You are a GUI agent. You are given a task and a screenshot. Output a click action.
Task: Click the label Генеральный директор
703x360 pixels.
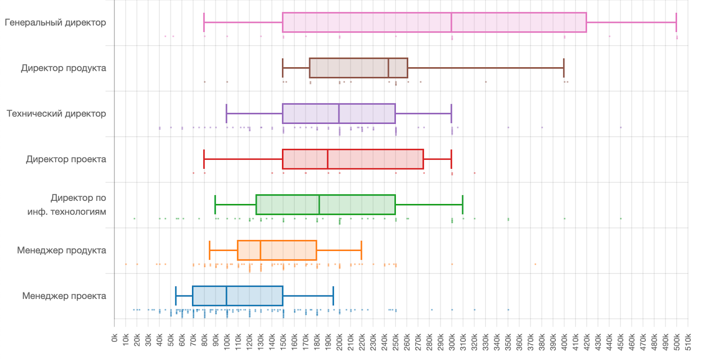click(x=55, y=22)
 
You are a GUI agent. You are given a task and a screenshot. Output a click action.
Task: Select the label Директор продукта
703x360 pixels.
click(x=64, y=68)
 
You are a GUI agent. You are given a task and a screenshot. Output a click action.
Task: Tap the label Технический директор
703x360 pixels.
click(x=56, y=114)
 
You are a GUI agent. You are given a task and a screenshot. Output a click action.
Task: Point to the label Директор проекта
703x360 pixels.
click(x=66, y=159)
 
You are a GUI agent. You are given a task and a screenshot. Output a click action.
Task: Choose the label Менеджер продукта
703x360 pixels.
click(x=62, y=251)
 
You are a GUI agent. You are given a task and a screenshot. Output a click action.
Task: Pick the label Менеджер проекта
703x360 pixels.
click(x=64, y=296)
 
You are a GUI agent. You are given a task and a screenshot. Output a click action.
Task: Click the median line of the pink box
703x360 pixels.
click(x=451, y=22)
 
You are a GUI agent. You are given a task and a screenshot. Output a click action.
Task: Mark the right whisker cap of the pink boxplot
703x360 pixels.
click(x=676, y=22)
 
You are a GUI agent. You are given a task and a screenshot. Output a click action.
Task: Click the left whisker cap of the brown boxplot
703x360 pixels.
click(x=283, y=68)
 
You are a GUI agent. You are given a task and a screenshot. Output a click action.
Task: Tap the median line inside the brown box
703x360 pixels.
click(x=388, y=68)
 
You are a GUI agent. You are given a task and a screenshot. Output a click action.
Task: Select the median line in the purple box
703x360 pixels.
click(x=339, y=114)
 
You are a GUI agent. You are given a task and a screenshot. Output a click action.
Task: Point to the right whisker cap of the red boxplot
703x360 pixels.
click(x=451, y=159)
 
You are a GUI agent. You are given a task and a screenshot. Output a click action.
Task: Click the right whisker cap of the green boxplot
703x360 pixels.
click(x=463, y=205)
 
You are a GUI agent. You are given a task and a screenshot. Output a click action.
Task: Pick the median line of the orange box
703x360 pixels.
click(x=260, y=251)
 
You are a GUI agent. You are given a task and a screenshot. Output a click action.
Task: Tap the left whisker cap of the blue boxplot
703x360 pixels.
click(x=176, y=296)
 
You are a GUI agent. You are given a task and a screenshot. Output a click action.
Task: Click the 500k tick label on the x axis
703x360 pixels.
click(x=677, y=342)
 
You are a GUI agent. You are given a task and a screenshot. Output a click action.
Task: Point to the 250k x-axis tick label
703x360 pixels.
click(x=395, y=342)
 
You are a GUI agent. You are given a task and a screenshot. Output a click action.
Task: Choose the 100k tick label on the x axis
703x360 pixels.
click(x=227, y=342)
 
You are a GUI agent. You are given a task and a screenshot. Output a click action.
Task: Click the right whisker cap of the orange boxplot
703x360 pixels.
click(x=361, y=251)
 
